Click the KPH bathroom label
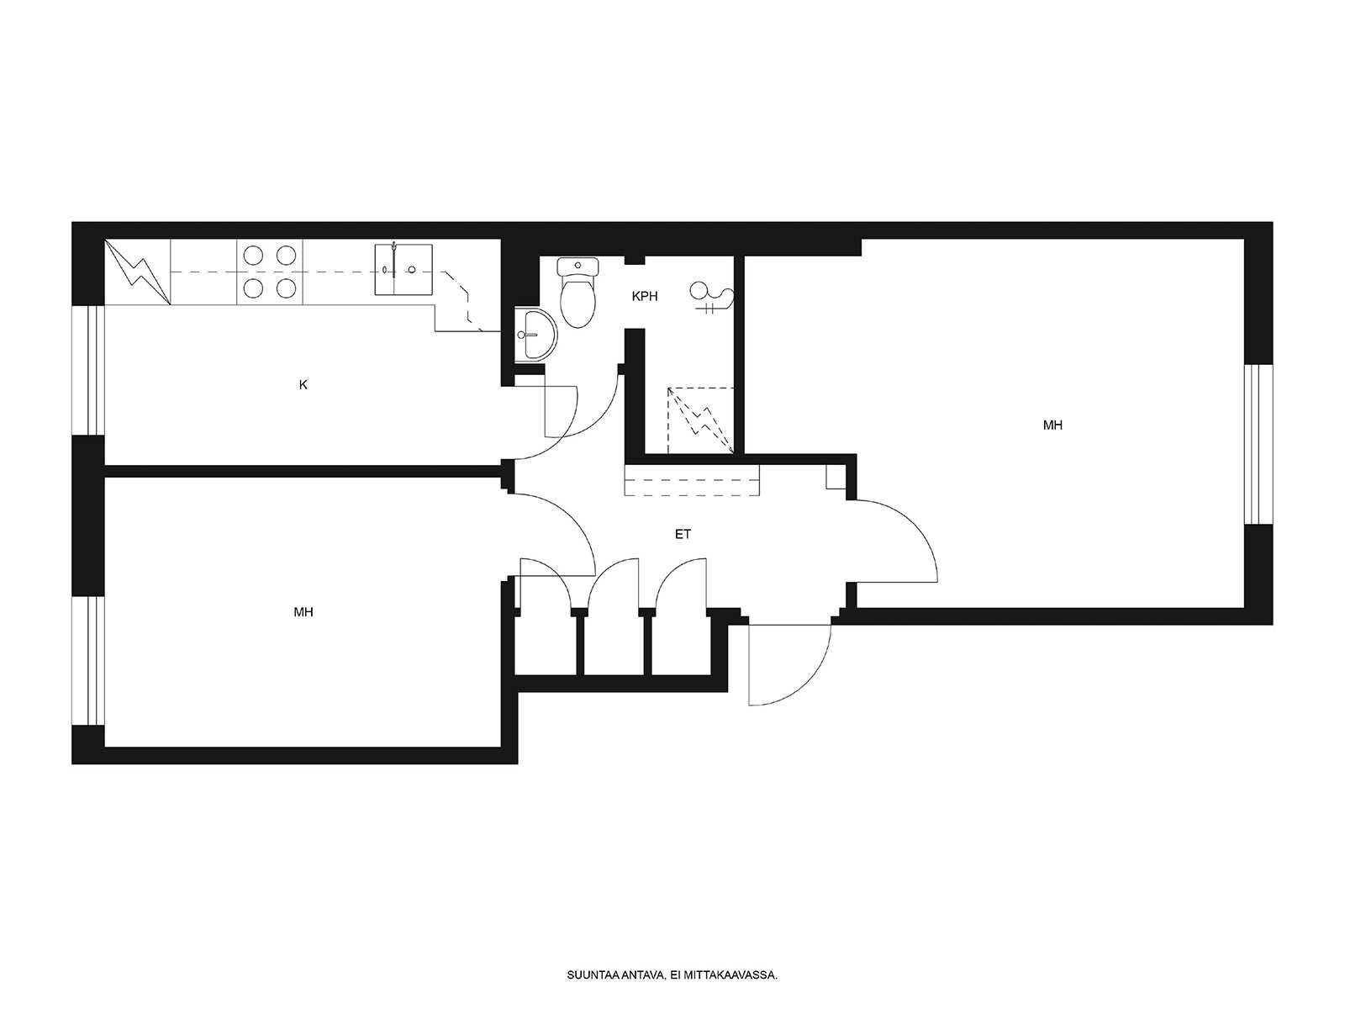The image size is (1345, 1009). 645,297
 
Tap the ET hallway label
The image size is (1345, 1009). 683,534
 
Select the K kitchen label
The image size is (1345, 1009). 303,385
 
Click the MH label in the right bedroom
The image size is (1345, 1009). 1052,425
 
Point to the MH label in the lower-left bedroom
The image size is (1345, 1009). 303,611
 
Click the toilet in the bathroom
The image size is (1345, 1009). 578,292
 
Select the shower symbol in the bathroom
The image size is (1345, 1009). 711,298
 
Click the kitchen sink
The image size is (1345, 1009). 403,270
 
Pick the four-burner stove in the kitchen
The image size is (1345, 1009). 270,271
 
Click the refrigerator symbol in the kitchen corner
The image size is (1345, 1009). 137,272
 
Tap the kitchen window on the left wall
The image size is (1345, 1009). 89,370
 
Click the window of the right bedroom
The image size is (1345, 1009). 1258,444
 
